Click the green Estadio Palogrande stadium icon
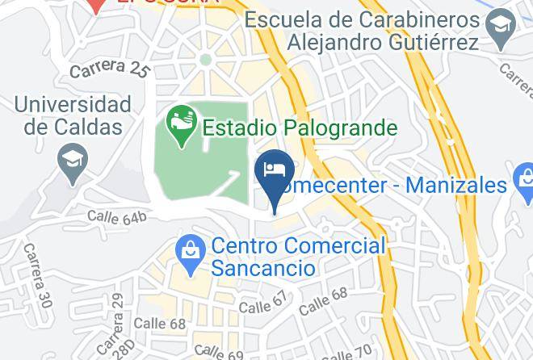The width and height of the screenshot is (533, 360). (x=180, y=124)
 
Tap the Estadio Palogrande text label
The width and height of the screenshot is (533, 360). (x=300, y=128)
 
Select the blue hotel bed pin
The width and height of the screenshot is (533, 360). (x=274, y=171)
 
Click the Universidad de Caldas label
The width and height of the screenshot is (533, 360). (x=72, y=115)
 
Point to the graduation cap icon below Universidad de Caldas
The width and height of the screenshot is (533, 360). (x=73, y=161)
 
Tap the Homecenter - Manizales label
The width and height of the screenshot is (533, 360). (x=396, y=186)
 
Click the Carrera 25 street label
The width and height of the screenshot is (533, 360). (x=110, y=69)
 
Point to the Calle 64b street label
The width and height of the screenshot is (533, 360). (x=117, y=216)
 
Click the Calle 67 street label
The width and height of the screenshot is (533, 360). (x=263, y=305)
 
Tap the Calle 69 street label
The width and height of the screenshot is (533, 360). (x=218, y=353)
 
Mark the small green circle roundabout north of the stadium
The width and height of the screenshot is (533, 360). (x=205, y=59)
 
